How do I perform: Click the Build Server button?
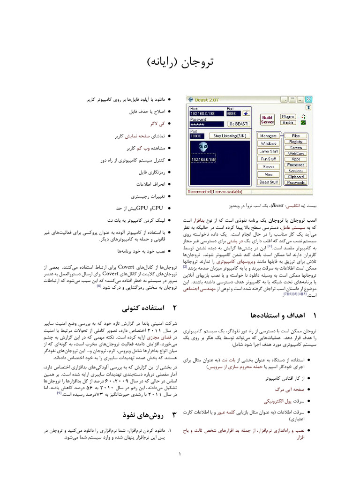pos(267,120)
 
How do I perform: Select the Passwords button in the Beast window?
pos(296,182)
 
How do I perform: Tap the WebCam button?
pos(296,153)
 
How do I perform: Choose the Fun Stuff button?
pos(269,159)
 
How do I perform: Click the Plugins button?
pos(288,116)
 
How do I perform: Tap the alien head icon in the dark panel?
pos(203,147)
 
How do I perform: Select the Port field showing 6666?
pos(233,113)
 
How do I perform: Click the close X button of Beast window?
pos(308,99)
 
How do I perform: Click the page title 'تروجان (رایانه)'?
pos(180,62)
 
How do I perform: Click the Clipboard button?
pos(296,177)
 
